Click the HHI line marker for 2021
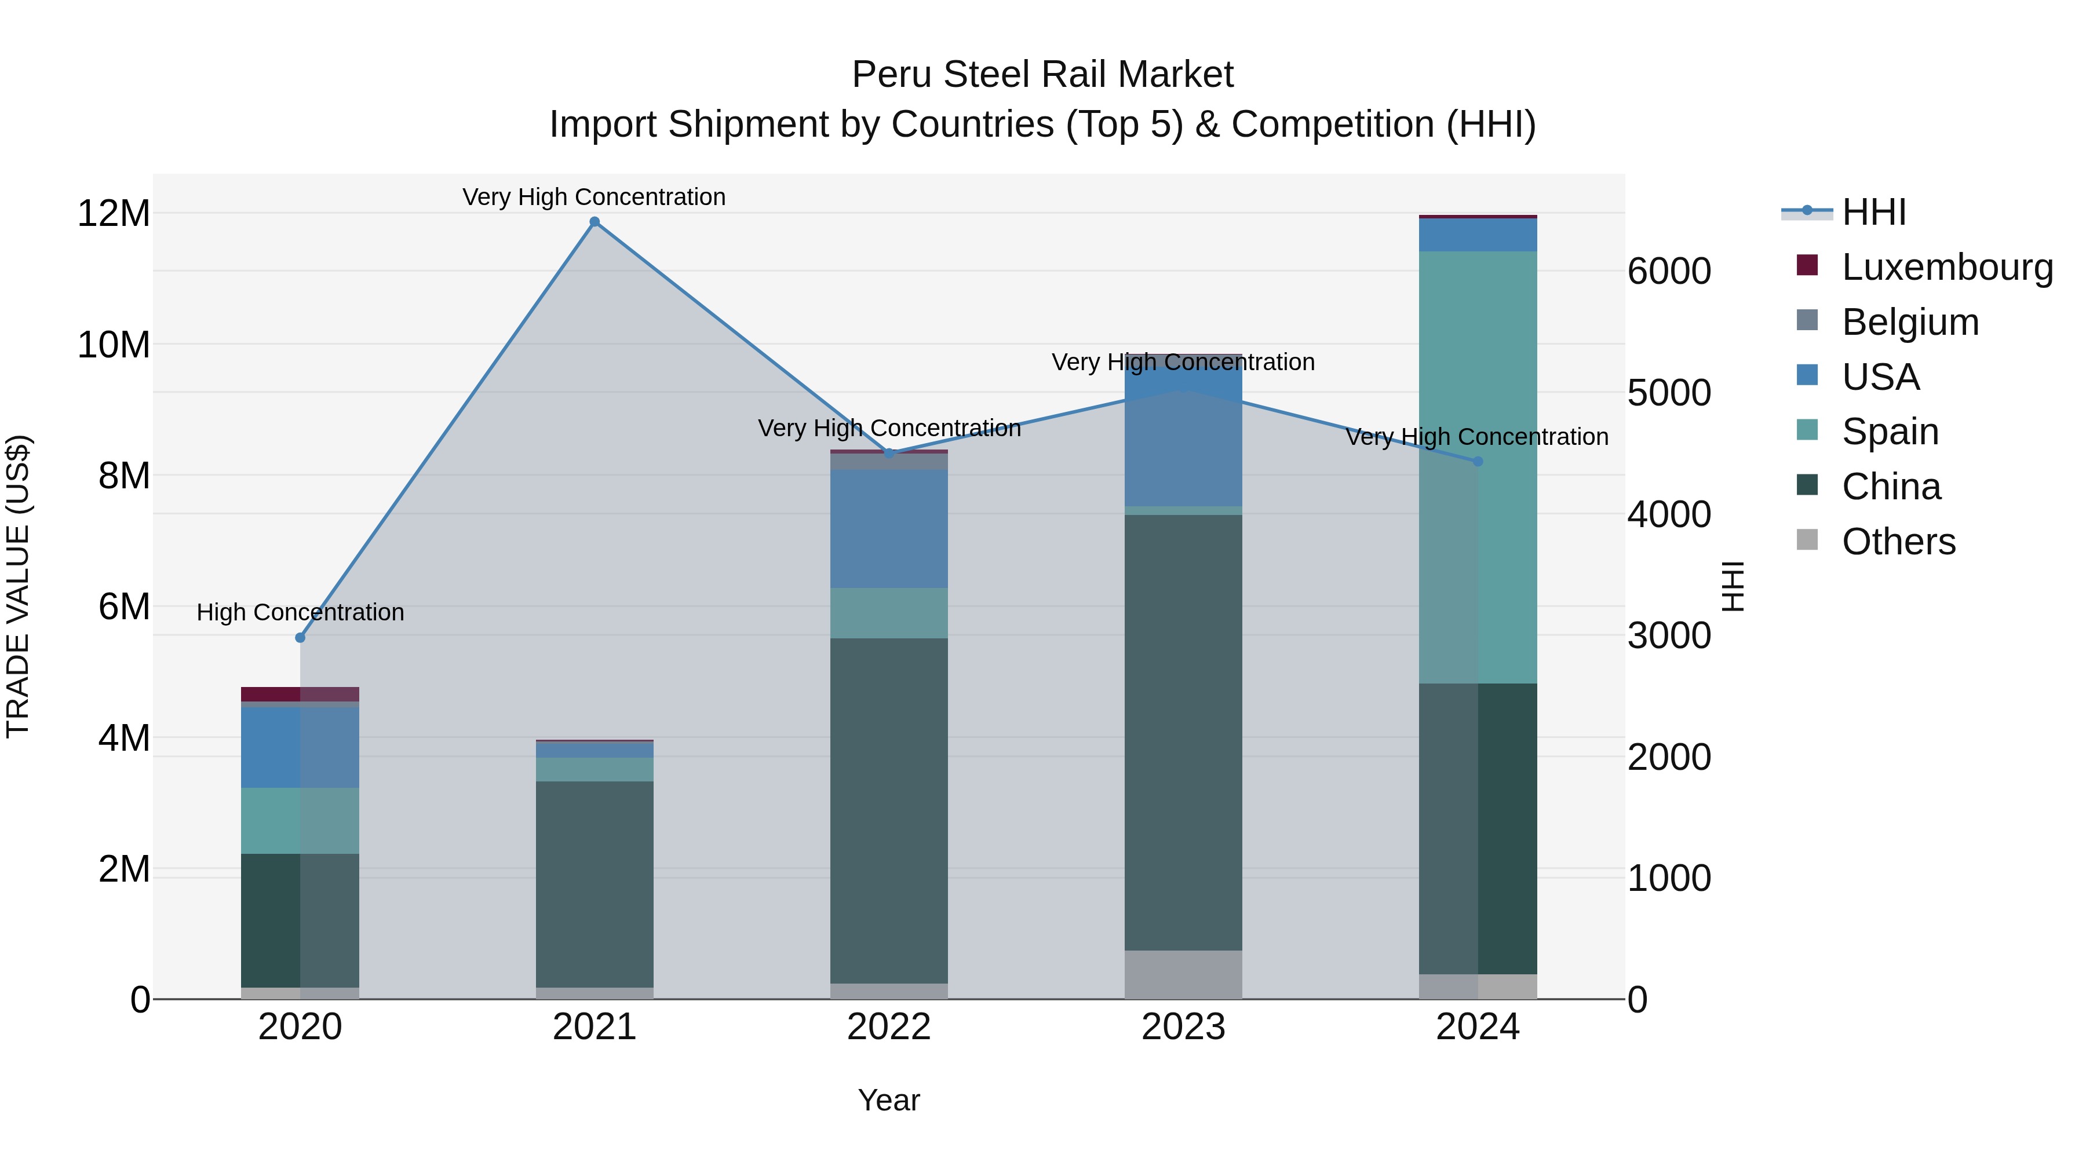(x=595, y=222)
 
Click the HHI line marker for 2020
(x=300, y=638)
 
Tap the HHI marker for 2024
(x=1478, y=462)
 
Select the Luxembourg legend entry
(x=1947, y=267)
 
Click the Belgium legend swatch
(x=1807, y=320)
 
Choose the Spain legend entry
(x=1890, y=432)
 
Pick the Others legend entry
(x=1898, y=542)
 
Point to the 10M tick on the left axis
(x=114, y=345)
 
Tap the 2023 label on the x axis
(x=1183, y=1027)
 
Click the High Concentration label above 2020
(x=300, y=613)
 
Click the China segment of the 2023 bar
(x=1183, y=733)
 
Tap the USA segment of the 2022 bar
(x=888, y=529)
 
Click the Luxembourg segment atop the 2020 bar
(x=300, y=694)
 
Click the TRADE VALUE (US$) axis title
(x=18, y=586)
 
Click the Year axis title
(x=888, y=1100)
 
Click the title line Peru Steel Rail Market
(x=1042, y=75)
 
